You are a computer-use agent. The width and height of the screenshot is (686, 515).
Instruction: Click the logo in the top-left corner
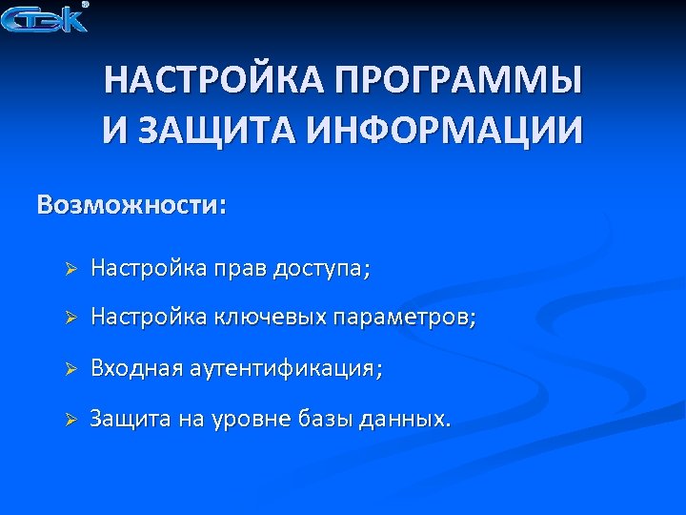pos(45,18)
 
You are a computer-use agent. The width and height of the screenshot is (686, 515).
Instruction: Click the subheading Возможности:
pos(132,206)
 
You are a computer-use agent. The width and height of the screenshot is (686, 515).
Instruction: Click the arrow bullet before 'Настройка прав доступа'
pos(69,271)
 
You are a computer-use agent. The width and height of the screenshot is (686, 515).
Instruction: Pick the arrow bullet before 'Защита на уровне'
pos(69,421)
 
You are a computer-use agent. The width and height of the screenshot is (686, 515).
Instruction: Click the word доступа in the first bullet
pos(316,270)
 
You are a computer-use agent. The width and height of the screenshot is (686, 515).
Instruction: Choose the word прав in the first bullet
pos(239,270)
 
